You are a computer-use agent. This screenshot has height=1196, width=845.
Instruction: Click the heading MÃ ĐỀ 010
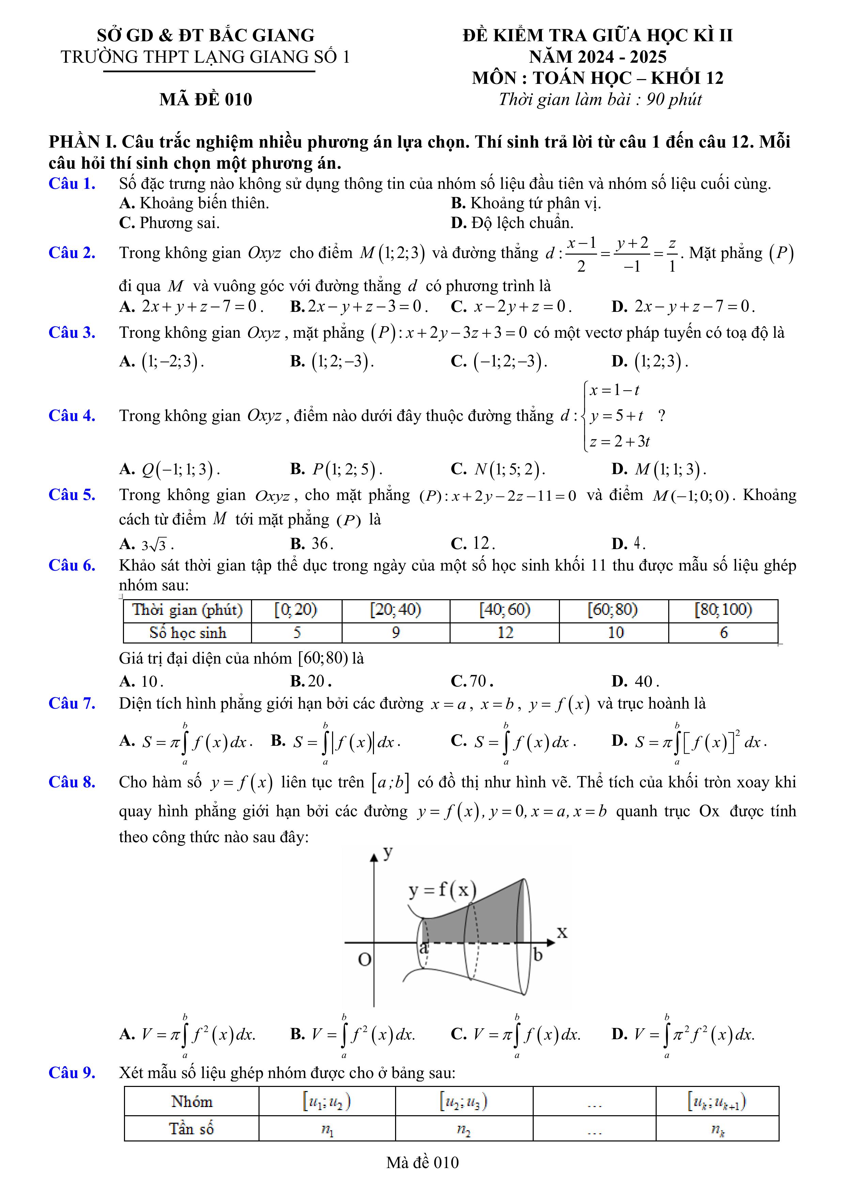coord(206,100)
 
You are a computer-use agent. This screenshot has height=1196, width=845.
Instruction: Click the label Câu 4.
coord(72,416)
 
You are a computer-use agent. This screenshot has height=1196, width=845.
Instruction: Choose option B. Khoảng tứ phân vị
coord(526,203)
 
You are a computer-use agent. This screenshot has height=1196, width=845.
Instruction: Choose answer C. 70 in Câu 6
coord(472,681)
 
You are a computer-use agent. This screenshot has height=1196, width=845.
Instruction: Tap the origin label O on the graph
coord(364,959)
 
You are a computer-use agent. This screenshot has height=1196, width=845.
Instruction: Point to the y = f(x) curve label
coord(442,890)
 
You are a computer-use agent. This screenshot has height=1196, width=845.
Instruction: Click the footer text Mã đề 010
coord(422,1163)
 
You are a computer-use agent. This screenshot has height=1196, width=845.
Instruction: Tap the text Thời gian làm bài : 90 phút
coord(600,100)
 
